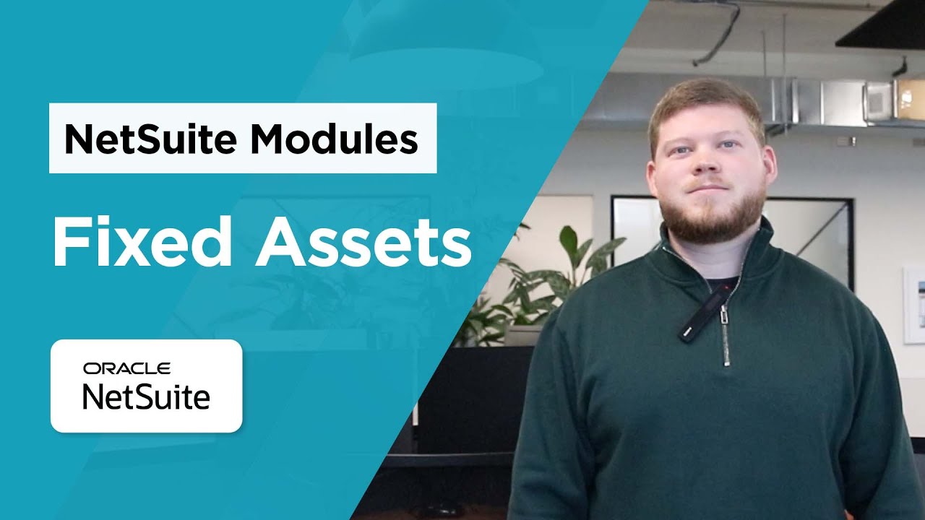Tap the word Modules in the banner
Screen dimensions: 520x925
(x=334, y=139)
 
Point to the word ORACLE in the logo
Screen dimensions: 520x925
(x=126, y=369)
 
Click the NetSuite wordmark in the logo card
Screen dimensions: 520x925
(x=146, y=396)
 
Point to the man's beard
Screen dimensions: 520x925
(x=712, y=217)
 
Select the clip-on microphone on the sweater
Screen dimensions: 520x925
(x=705, y=313)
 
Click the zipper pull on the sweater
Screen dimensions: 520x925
(x=726, y=339)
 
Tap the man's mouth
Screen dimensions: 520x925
(x=708, y=190)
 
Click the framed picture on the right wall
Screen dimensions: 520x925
(x=913, y=303)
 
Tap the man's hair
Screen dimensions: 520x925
(x=705, y=101)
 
